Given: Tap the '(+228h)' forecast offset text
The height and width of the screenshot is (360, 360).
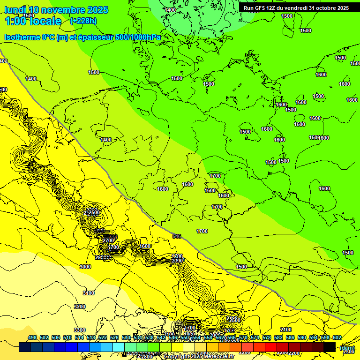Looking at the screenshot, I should [83, 21].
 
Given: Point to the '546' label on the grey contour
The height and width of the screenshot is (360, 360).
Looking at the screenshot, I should [177, 236].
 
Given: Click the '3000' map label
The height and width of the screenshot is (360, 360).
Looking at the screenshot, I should [85, 266].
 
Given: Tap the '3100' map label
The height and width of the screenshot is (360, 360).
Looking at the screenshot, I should [88, 292].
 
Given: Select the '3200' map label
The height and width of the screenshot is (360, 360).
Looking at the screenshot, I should [80, 307].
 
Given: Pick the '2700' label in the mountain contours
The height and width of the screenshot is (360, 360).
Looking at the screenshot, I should [108, 240].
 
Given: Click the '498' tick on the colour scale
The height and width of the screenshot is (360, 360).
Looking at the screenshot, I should [32, 337].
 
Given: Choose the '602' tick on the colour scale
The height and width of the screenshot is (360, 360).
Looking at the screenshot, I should [337, 337].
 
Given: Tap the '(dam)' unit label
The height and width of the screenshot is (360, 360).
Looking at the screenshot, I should [347, 348].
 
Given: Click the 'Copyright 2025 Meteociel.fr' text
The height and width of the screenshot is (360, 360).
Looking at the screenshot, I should [199, 357].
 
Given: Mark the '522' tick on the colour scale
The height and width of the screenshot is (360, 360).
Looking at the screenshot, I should [103, 337].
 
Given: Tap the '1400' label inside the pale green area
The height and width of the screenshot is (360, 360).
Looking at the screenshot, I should [171, 10].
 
